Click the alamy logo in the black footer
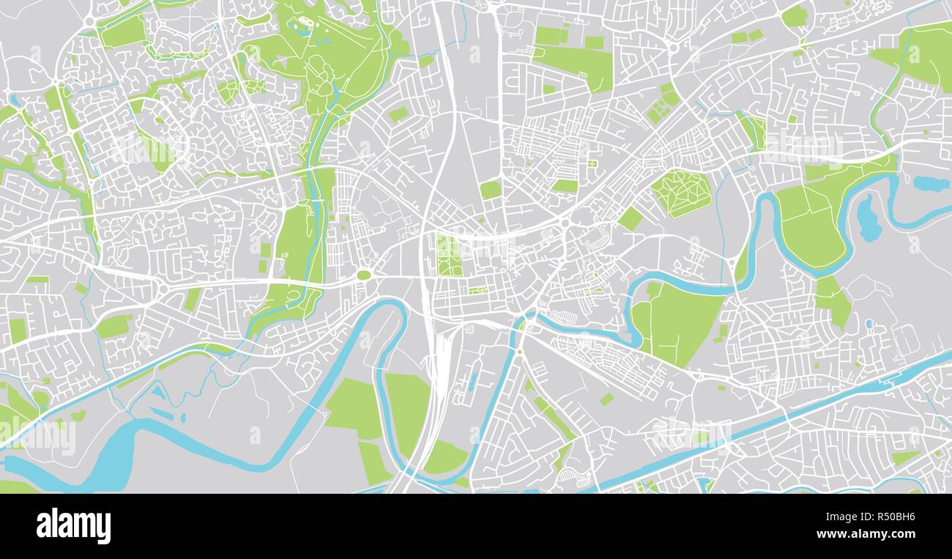pyautogui.click(x=73, y=526)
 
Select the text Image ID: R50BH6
pyautogui.click(x=871, y=517)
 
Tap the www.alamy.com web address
pyautogui.click(x=871, y=535)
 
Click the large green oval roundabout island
pyautogui.click(x=363, y=275)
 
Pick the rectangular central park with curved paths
pyautogui.click(x=448, y=255)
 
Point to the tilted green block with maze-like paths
pyautogui.click(x=680, y=192)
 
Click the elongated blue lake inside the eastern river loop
pyautogui.click(x=868, y=218)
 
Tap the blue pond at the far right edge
pyautogui.click(x=930, y=183)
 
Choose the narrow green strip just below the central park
pyautogui.click(x=477, y=290)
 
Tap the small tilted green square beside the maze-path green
pyautogui.click(x=630, y=218)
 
